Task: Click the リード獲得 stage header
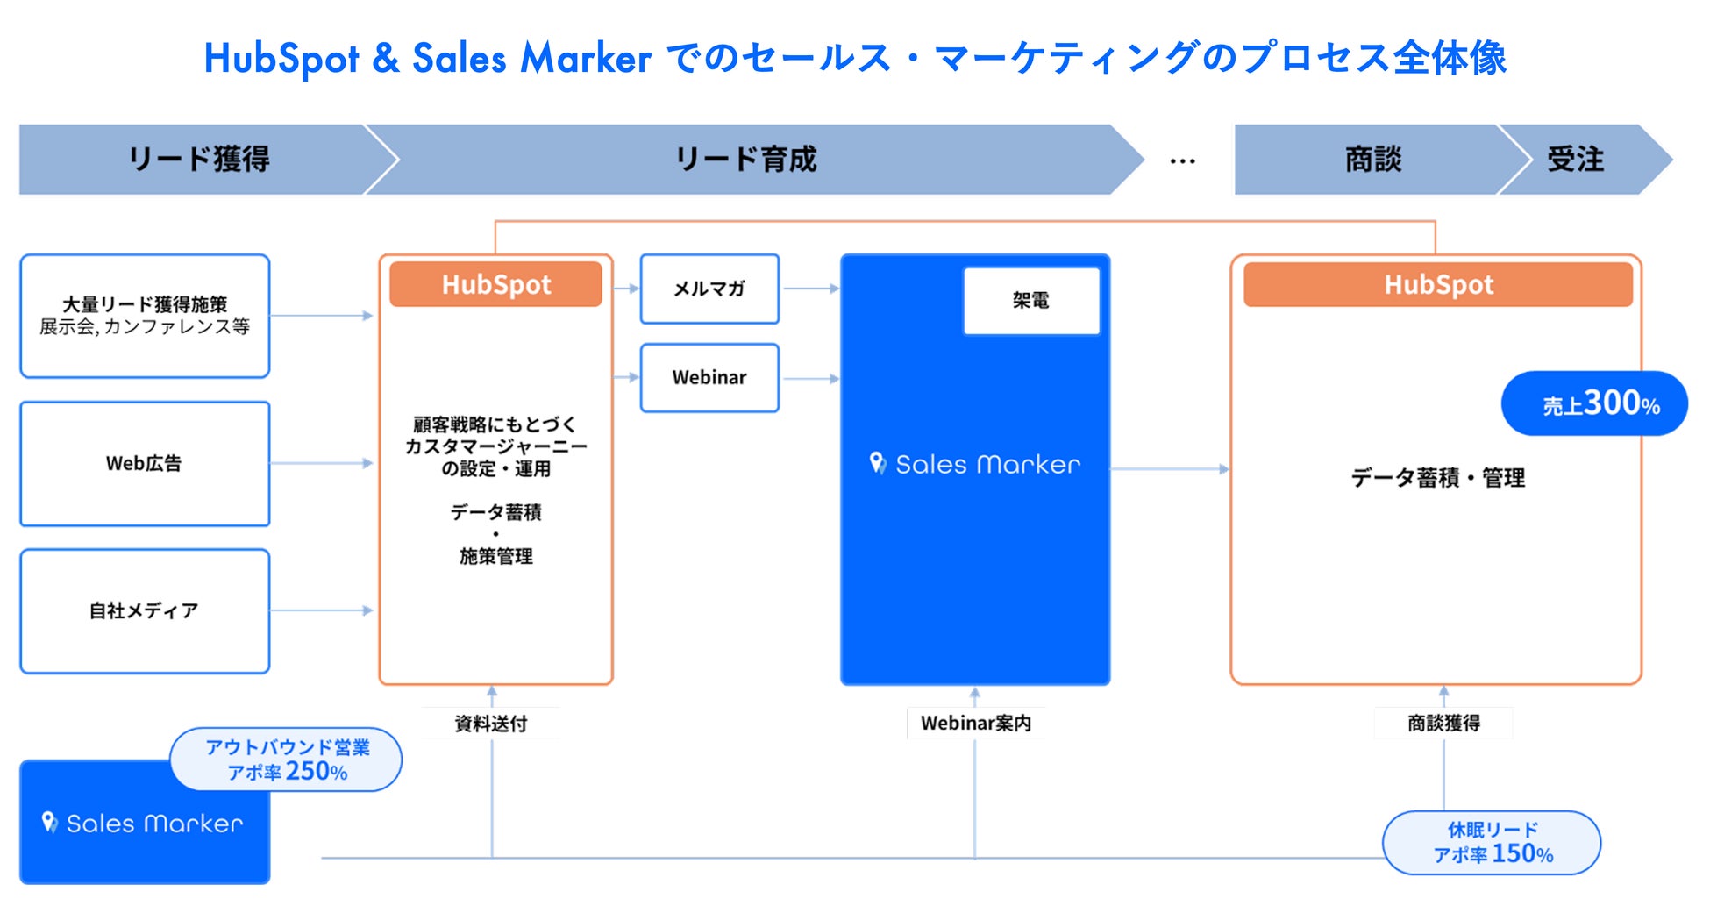pos(199,160)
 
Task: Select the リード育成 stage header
pos(745,160)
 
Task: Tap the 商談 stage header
pos(1372,160)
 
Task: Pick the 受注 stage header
pos(1575,160)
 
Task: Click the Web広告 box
pos(145,464)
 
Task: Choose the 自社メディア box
pos(145,611)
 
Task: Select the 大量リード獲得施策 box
pos(145,316)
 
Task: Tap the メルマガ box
pos(709,289)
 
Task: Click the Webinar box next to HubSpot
pos(709,378)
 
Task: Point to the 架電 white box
pos(1030,301)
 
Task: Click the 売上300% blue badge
pos(1594,403)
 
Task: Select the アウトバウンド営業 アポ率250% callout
pos(287,760)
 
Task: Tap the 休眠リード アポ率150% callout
pos(1492,843)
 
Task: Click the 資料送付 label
pos(491,724)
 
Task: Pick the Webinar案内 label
pos(975,724)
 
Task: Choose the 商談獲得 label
pos(1443,724)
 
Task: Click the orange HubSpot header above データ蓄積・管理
pos(1438,285)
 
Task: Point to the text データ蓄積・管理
pos(1437,478)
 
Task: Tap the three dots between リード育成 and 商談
pos(1182,161)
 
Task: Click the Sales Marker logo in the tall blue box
pos(975,464)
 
